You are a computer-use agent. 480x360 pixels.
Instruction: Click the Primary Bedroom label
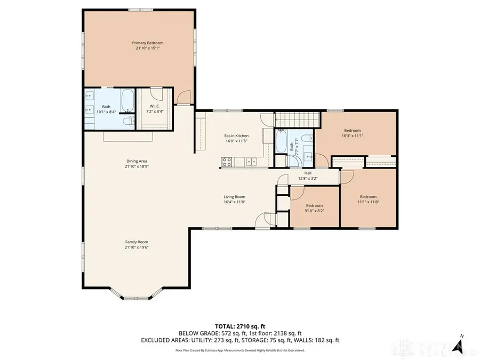[148, 43]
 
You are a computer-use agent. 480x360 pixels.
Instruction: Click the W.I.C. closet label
[155, 107]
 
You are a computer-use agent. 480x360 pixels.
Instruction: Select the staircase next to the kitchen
[296, 120]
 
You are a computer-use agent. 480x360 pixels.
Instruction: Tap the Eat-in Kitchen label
[236, 135]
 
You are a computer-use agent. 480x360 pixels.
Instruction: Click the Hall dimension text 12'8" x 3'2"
[308, 179]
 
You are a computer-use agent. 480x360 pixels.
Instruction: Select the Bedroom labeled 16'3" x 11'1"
[353, 133]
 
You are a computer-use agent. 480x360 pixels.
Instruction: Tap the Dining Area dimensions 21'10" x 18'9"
[137, 166]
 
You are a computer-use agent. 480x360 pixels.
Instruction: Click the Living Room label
[234, 197]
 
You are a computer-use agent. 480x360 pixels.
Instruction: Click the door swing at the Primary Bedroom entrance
[183, 98]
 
